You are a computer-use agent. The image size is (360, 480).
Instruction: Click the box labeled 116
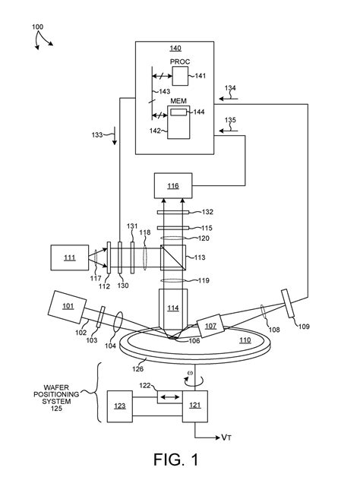(x=173, y=185)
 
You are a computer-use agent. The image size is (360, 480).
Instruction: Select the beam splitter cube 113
(x=173, y=257)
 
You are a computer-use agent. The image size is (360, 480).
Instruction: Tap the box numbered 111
(x=69, y=257)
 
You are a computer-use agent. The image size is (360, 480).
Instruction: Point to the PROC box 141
(x=180, y=76)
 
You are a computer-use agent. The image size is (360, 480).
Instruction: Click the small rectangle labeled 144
(x=178, y=112)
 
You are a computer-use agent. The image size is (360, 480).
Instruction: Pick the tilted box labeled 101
(x=68, y=307)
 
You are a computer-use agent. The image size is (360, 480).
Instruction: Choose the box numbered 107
(x=210, y=326)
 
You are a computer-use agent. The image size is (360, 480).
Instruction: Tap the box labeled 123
(x=120, y=406)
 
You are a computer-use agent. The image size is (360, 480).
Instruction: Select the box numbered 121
(x=195, y=406)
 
